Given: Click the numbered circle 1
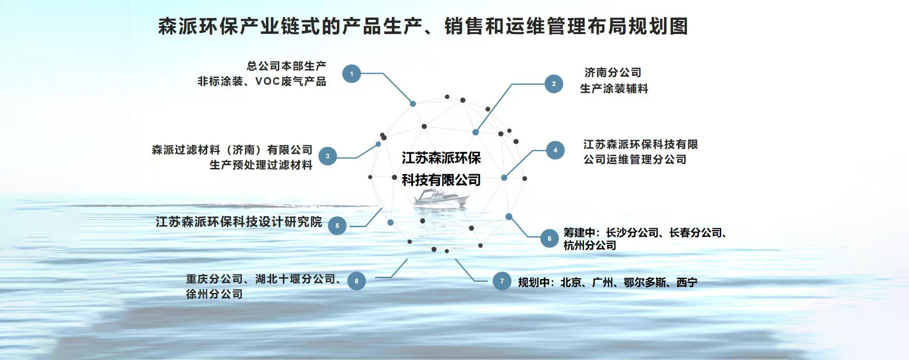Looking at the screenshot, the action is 352,74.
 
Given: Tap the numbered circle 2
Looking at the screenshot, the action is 554,84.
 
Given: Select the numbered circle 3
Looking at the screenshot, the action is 327,156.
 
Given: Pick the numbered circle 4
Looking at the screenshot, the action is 555,150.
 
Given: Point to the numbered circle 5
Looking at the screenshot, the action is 337,226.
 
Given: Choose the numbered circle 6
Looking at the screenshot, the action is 549,238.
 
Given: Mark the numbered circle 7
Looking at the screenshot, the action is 502,281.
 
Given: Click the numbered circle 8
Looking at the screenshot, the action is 356,281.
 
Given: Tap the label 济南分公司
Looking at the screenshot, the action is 613,72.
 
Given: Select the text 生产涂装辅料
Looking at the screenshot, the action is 614,88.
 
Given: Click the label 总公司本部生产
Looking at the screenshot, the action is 287,66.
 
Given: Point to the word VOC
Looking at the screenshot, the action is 268,81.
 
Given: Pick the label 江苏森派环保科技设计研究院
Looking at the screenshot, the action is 239,221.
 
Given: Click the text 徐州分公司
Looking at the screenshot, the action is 214,294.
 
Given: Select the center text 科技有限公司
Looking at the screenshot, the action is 441,180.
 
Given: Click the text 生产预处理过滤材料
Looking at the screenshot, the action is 261,165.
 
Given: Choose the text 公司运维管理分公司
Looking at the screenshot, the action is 635,159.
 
